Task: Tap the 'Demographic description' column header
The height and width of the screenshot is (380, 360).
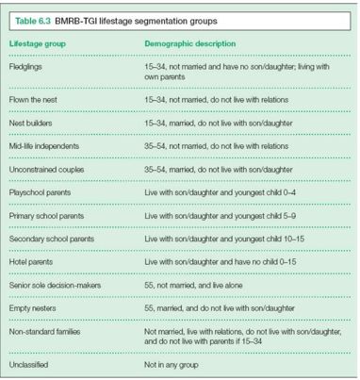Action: pyautogui.click(x=190, y=44)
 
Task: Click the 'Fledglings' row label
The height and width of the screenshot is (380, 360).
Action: pyautogui.click(x=27, y=69)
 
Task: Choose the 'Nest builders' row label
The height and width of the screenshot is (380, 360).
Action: pyautogui.click(x=32, y=123)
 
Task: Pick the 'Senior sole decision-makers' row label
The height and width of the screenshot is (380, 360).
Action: pyautogui.click(x=58, y=286)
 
